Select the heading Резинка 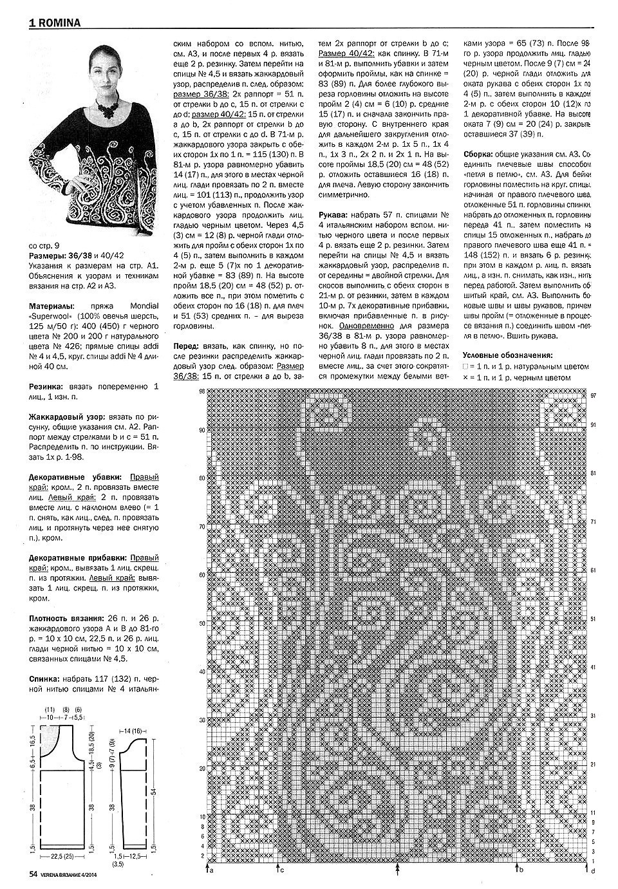46,387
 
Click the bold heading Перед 187,346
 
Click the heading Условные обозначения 507,355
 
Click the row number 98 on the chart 201,391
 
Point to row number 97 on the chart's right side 593,395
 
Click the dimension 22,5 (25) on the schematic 61,857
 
